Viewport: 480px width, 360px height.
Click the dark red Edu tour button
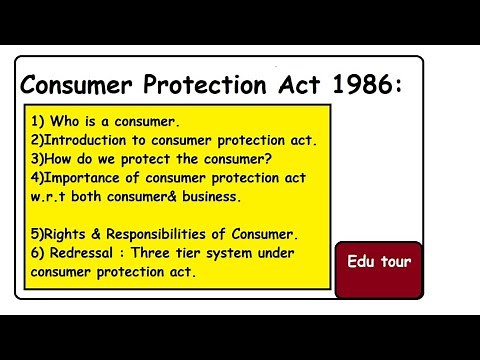tap(379, 263)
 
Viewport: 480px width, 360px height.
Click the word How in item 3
tap(62, 159)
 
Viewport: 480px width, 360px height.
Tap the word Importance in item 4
tap(88, 178)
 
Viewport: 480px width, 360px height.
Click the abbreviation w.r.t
tap(49, 197)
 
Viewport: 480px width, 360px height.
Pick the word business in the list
tap(209, 197)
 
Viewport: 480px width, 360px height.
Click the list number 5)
tap(38, 234)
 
